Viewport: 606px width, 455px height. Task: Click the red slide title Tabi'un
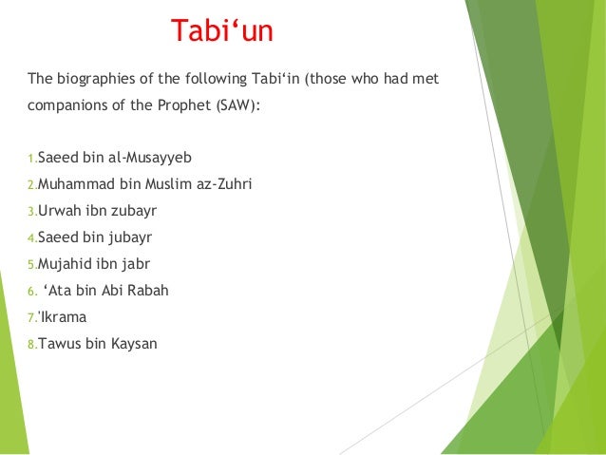tap(221, 31)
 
